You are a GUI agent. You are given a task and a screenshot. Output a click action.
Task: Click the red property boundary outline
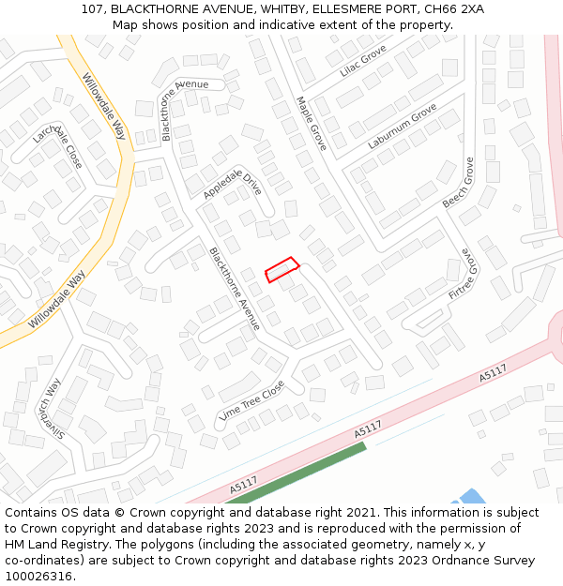coord(281,269)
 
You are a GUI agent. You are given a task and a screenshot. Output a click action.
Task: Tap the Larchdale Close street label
coord(57,148)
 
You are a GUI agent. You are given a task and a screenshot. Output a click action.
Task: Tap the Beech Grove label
coord(459,183)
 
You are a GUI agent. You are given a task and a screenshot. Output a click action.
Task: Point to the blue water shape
coord(471,496)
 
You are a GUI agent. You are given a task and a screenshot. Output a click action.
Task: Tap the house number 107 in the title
coord(92,9)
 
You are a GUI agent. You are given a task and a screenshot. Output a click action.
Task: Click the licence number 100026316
coord(38,577)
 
